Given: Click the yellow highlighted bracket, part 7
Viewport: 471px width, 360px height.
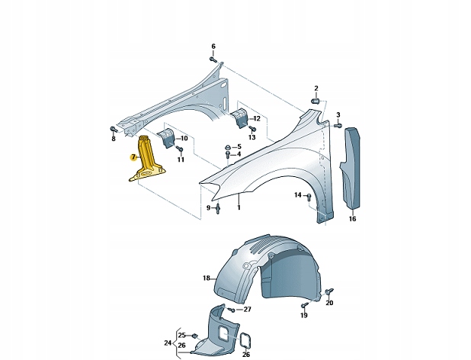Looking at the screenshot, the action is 148,160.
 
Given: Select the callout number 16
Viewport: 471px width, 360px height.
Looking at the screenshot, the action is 352,219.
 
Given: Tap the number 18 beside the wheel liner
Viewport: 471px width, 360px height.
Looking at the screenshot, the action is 205,278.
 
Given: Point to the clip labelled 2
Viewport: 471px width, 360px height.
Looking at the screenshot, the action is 316,100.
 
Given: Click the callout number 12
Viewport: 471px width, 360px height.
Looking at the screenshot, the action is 256,118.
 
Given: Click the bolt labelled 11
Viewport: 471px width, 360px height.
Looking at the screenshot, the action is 180,149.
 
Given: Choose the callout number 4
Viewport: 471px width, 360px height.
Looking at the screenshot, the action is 239,154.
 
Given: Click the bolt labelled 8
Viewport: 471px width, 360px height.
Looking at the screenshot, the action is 113,128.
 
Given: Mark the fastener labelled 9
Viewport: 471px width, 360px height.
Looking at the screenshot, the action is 218,207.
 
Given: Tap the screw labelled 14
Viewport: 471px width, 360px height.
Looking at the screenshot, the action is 309,196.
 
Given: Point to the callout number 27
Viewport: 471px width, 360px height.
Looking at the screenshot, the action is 247,309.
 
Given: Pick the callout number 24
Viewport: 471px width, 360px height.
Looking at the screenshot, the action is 168,342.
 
